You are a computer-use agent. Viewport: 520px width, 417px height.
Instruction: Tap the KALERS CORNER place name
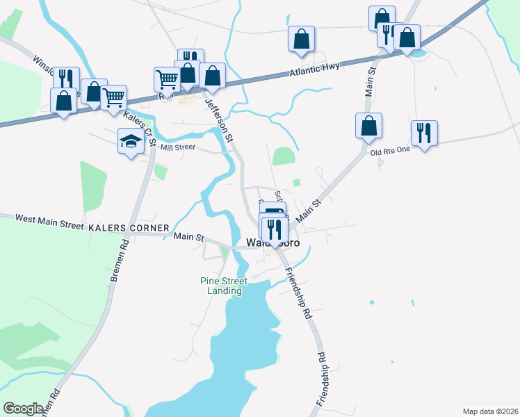click(128, 228)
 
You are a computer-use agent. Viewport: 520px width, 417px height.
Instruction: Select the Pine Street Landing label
click(220, 286)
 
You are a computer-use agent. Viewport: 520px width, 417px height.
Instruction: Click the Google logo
click(23, 409)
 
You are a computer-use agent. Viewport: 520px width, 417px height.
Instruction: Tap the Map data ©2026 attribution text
click(490, 411)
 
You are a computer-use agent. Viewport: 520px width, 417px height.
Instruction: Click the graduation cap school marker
click(130, 142)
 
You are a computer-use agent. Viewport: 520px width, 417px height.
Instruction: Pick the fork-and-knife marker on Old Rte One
click(423, 131)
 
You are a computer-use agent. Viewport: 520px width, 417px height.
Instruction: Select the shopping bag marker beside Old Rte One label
click(368, 126)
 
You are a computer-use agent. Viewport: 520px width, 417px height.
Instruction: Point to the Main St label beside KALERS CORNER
click(188, 237)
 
